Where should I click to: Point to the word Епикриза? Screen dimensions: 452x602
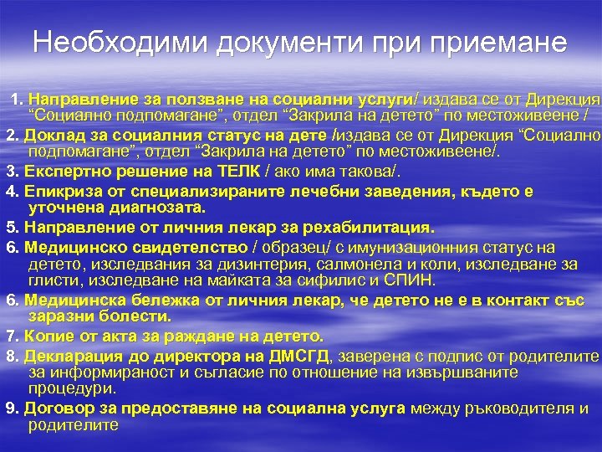pyautogui.click(x=55, y=192)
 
